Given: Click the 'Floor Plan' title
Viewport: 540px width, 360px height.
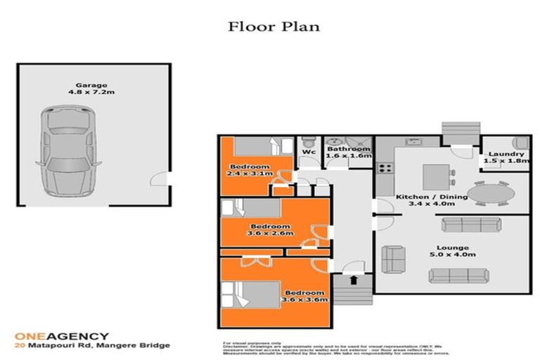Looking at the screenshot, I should [x=274, y=27].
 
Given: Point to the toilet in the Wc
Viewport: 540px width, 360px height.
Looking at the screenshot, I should [x=307, y=142].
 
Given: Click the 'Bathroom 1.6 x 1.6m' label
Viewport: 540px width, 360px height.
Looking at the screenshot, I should [x=348, y=153].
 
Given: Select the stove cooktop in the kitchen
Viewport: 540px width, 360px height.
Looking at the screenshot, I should [x=385, y=168].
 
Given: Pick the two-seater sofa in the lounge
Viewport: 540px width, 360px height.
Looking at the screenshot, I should [x=392, y=260].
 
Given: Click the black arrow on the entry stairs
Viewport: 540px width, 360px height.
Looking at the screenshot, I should [x=353, y=280].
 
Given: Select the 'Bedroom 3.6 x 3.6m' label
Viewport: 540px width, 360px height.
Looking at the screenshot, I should [x=304, y=295].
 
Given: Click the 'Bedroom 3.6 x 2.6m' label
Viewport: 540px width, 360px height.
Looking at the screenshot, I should [x=269, y=230].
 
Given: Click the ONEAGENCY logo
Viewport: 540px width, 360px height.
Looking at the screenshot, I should [x=63, y=336].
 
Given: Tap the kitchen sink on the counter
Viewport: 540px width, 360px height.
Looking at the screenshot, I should [x=413, y=143].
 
